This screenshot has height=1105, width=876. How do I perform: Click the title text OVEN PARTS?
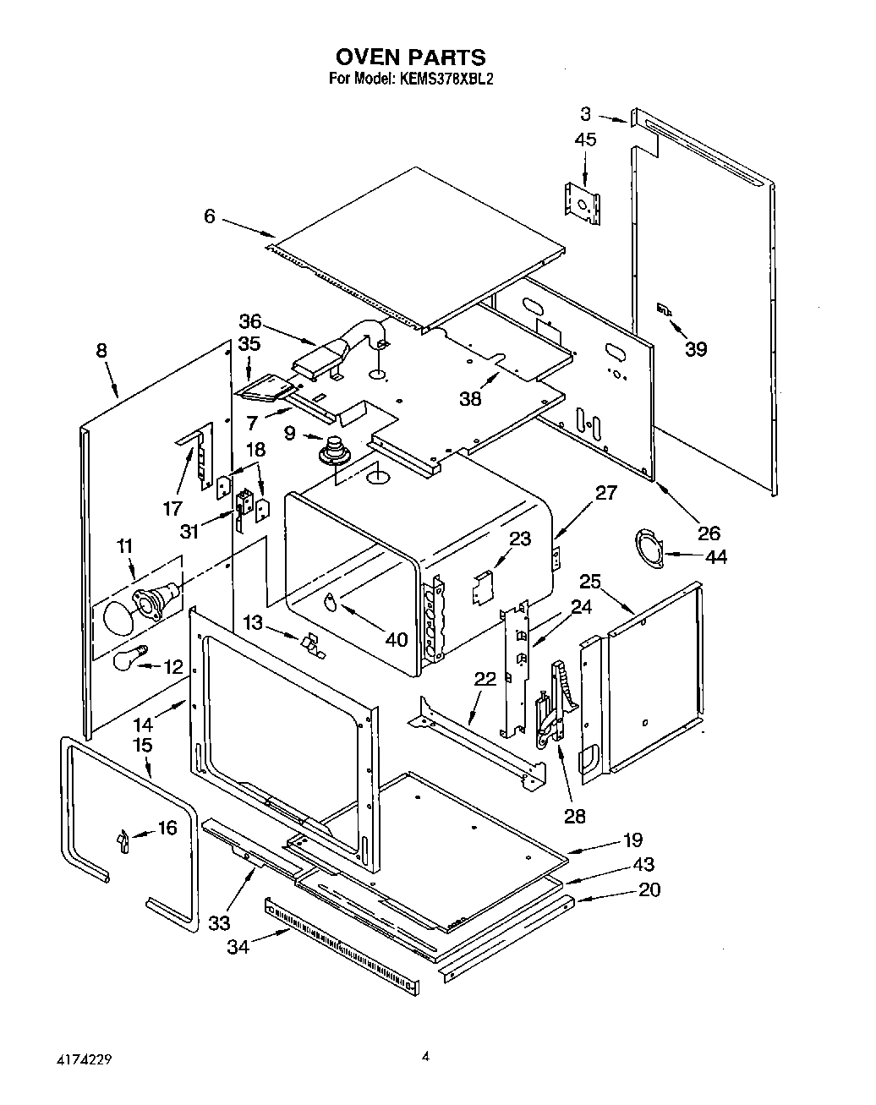pyautogui.click(x=411, y=57)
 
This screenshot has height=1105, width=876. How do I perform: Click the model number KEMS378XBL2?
pyautogui.click(x=441, y=79)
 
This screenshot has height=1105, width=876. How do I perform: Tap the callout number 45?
pyautogui.click(x=584, y=139)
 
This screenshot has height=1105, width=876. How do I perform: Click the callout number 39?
pyautogui.click(x=695, y=348)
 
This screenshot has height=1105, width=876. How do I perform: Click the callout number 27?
pyautogui.click(x=605, y=493)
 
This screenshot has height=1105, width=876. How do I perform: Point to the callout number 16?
pyautogui.click(x=167, y=828)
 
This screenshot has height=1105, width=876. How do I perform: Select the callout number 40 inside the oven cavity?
pyautogui.click(x=397, y=639)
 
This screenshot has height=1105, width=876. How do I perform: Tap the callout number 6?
pyautogui.click(x=210, y=216)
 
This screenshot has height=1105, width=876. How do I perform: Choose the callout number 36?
pyautogui.click(x=249, y=322)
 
